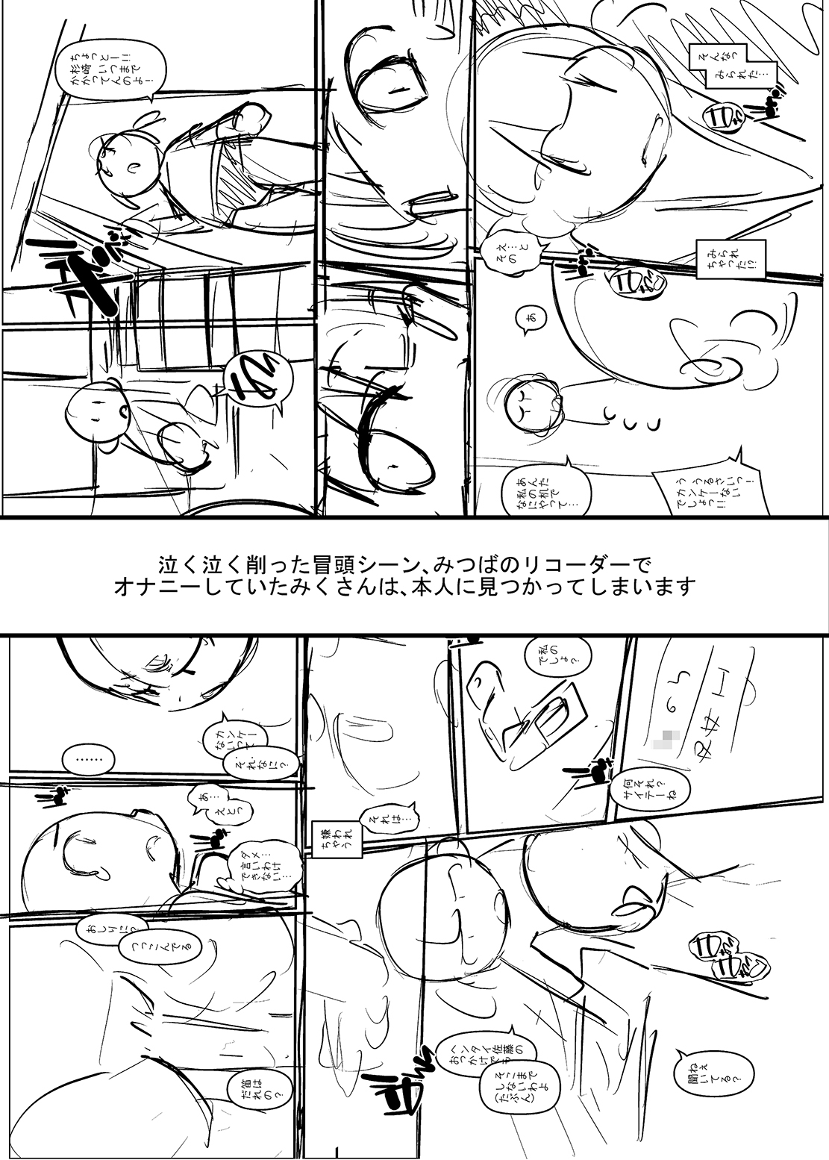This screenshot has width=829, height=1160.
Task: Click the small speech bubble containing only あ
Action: tap(530, 319)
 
